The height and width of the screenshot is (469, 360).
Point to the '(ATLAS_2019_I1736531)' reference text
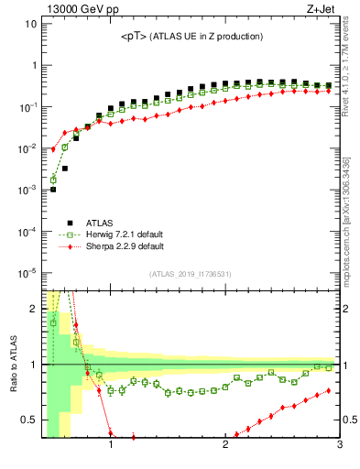click(191, 274)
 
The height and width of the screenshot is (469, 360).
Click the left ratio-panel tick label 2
click(33, 309)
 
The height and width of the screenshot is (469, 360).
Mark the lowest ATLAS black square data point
click(53, 190)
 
